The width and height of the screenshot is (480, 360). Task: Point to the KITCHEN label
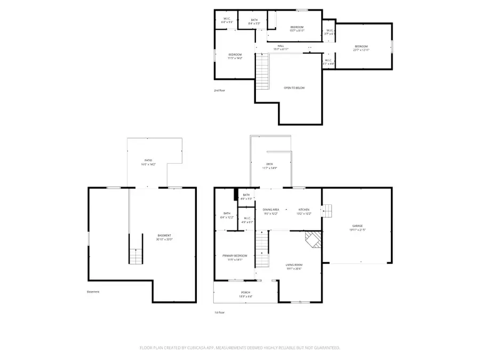[x=304, y=210]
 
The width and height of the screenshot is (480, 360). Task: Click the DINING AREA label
[x=271, y=210]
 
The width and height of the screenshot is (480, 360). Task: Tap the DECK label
[x=270, y=164]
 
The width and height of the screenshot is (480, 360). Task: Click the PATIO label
[x=148, y=160]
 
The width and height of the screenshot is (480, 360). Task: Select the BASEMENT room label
[x=164, y=235]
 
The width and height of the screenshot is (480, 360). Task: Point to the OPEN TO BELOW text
[x=294, y=87]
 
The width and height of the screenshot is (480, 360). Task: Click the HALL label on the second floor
[x=281, y=46]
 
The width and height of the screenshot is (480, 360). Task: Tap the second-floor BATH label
[x=253, y=20]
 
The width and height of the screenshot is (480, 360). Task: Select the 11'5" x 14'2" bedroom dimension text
[x=235, y=58]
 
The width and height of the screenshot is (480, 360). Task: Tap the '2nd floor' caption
[x=219, y=91]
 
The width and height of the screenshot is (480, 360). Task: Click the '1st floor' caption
[x=219, y=313]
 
